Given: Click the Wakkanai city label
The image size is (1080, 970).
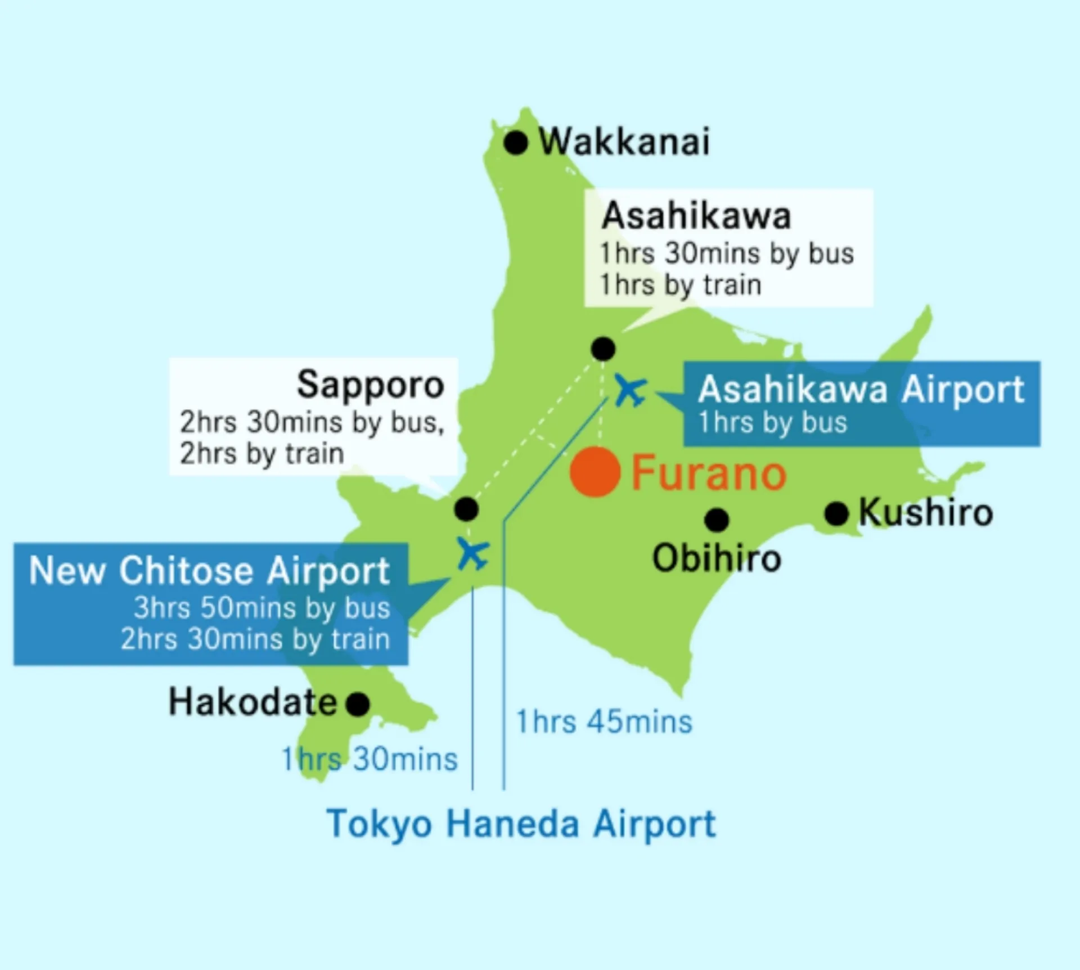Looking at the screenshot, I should [624, 142].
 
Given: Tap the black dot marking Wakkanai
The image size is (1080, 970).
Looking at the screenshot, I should [515, 142].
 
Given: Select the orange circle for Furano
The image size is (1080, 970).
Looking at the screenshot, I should [595, 472].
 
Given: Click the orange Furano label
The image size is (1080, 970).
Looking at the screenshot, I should [709, 473].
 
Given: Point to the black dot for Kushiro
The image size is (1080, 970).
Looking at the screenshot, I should [836, 513].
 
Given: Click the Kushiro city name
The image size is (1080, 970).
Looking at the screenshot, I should [926, 513].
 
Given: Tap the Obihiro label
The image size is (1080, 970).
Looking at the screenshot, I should [717, 559].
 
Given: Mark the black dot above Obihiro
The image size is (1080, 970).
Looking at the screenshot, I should [717, 520].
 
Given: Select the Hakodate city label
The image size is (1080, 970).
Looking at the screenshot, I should [253, 702].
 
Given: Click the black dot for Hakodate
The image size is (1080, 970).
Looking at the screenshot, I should [358, 703].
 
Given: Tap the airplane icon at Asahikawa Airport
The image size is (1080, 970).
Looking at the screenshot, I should [630, 390].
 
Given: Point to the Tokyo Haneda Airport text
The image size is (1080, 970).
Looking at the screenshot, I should [521, 824].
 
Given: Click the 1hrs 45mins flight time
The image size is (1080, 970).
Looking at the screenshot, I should [604, 722].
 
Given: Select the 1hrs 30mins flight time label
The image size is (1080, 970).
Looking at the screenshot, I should [370, 760].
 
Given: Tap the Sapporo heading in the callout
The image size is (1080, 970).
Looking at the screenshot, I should [370, 385].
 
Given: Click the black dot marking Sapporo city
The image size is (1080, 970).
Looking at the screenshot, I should [466, 509].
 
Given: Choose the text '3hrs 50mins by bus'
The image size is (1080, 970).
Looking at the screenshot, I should [262, 608].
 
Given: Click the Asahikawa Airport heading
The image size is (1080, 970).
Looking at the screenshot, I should [861, 390].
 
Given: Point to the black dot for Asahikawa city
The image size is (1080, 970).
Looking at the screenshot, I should [603, 349].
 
